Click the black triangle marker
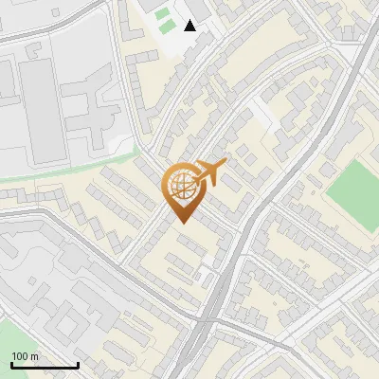click(190, 25)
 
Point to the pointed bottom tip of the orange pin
click(181, 222)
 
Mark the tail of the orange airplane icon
click(197, 181)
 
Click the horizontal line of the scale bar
click(44, 365)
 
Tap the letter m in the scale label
click(34, 356)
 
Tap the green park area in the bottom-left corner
click(11, 341)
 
